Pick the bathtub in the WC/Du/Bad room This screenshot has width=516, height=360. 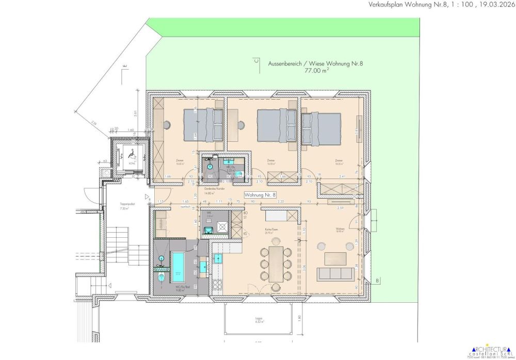click(177, 264)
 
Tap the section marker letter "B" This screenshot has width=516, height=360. click(377, 281)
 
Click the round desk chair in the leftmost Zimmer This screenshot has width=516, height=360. click(168, 124)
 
